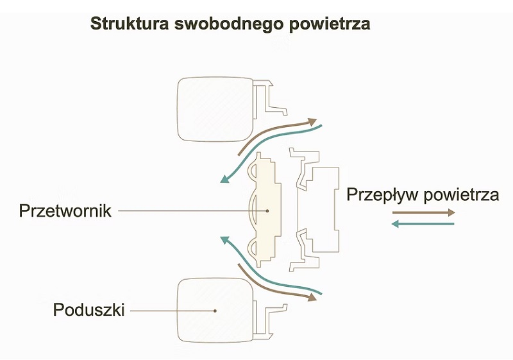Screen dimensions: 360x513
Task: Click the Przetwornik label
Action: click(x=66, y=210)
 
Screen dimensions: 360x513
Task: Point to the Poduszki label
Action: click(x=88, y=310)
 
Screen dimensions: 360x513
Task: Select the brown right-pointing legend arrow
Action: click(x=424, y=211)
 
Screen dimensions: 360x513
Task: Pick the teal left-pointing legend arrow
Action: click(x=423, y=224)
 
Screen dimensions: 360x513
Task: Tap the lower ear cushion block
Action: click(x=215, y=310)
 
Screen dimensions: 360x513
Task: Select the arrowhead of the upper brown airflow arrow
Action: click(x=314, y=121)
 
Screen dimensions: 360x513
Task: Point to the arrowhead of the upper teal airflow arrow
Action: click(x=224, y=178)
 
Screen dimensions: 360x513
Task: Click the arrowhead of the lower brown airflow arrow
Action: click(x=314, y=297)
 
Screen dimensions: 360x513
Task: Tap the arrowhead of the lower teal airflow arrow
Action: click(x=225, y=240)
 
